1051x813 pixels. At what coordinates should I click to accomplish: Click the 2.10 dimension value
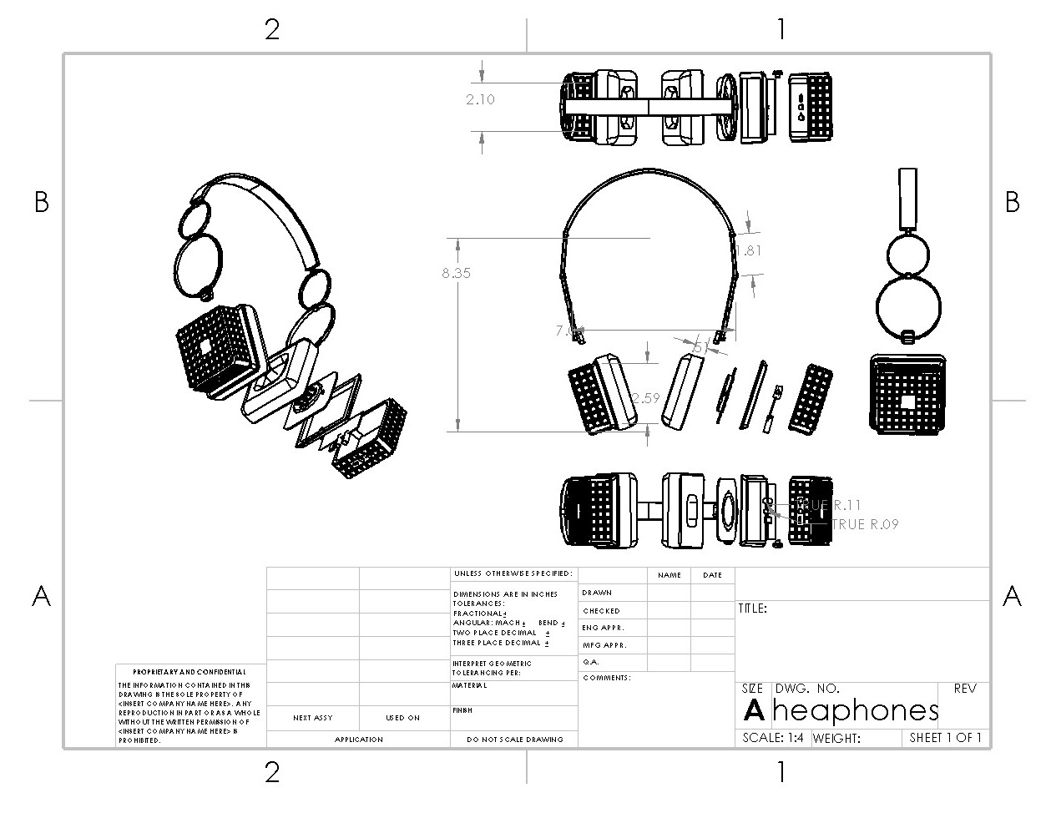480,99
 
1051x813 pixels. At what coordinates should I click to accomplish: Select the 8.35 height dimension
456,273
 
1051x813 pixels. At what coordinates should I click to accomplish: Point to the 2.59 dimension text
645,399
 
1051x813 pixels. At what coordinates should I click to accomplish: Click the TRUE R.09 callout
865,524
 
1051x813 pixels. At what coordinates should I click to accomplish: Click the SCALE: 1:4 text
773,738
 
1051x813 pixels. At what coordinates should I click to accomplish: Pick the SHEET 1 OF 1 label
945,738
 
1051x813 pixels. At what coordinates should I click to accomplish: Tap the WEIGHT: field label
836,738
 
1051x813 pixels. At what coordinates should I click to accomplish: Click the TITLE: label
752,608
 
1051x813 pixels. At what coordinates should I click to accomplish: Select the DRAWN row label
597,593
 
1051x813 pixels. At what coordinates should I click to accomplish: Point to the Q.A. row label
591,662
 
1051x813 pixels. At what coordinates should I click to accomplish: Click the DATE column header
712,575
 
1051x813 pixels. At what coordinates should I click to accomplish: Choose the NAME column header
669,575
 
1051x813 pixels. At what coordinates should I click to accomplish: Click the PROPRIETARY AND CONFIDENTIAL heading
189,672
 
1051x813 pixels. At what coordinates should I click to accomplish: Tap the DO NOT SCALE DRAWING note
514,740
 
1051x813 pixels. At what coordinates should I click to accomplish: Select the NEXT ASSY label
313,718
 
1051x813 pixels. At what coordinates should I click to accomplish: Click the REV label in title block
964,689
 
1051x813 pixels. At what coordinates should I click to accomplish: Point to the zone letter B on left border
42,202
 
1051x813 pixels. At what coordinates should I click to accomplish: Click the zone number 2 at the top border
272,30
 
